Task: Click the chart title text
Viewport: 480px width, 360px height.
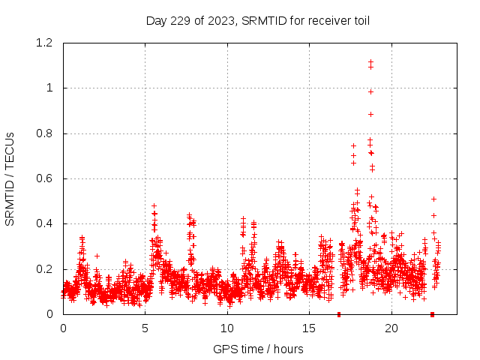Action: point(257,20)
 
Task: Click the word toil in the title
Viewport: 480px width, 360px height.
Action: point(358,20)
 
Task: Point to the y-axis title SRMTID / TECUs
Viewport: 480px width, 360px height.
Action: point(10,178)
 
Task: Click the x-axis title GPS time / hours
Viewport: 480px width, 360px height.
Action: point(258,349)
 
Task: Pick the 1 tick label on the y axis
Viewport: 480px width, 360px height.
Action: point(51,88)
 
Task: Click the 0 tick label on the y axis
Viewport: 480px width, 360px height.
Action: point(51,314)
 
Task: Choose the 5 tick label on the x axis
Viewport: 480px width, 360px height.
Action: point(145,328)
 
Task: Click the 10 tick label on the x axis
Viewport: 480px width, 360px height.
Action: point(227,328)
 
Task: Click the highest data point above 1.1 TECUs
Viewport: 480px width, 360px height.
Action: point(370,62)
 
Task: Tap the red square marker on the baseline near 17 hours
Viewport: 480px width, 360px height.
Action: point(339,314)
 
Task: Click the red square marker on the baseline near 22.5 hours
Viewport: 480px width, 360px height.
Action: point(432,314)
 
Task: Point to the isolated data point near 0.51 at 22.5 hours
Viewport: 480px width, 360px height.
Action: point(433,199)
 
